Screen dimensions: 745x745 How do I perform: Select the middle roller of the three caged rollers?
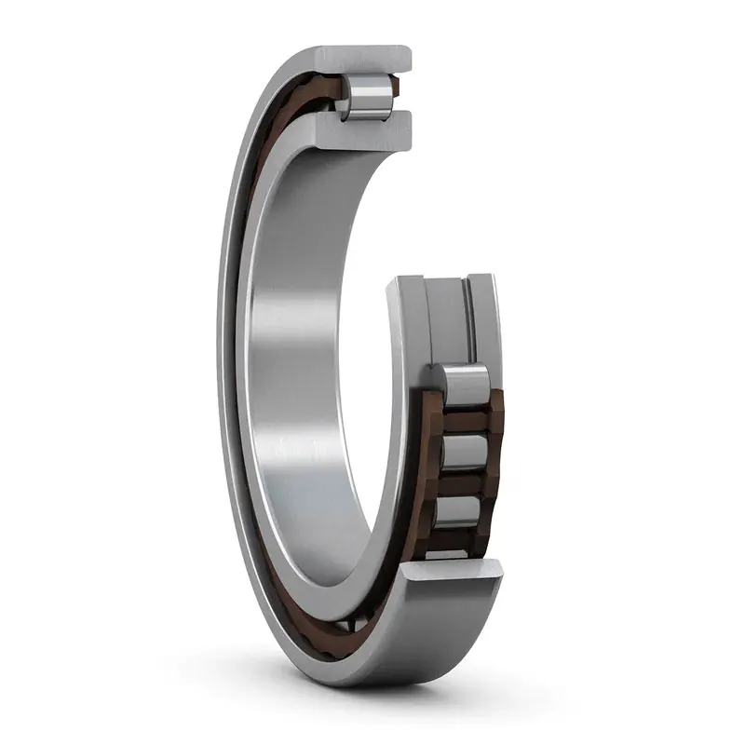click(x=465, y=452)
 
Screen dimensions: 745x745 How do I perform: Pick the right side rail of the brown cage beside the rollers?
click(x=494, y=456)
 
